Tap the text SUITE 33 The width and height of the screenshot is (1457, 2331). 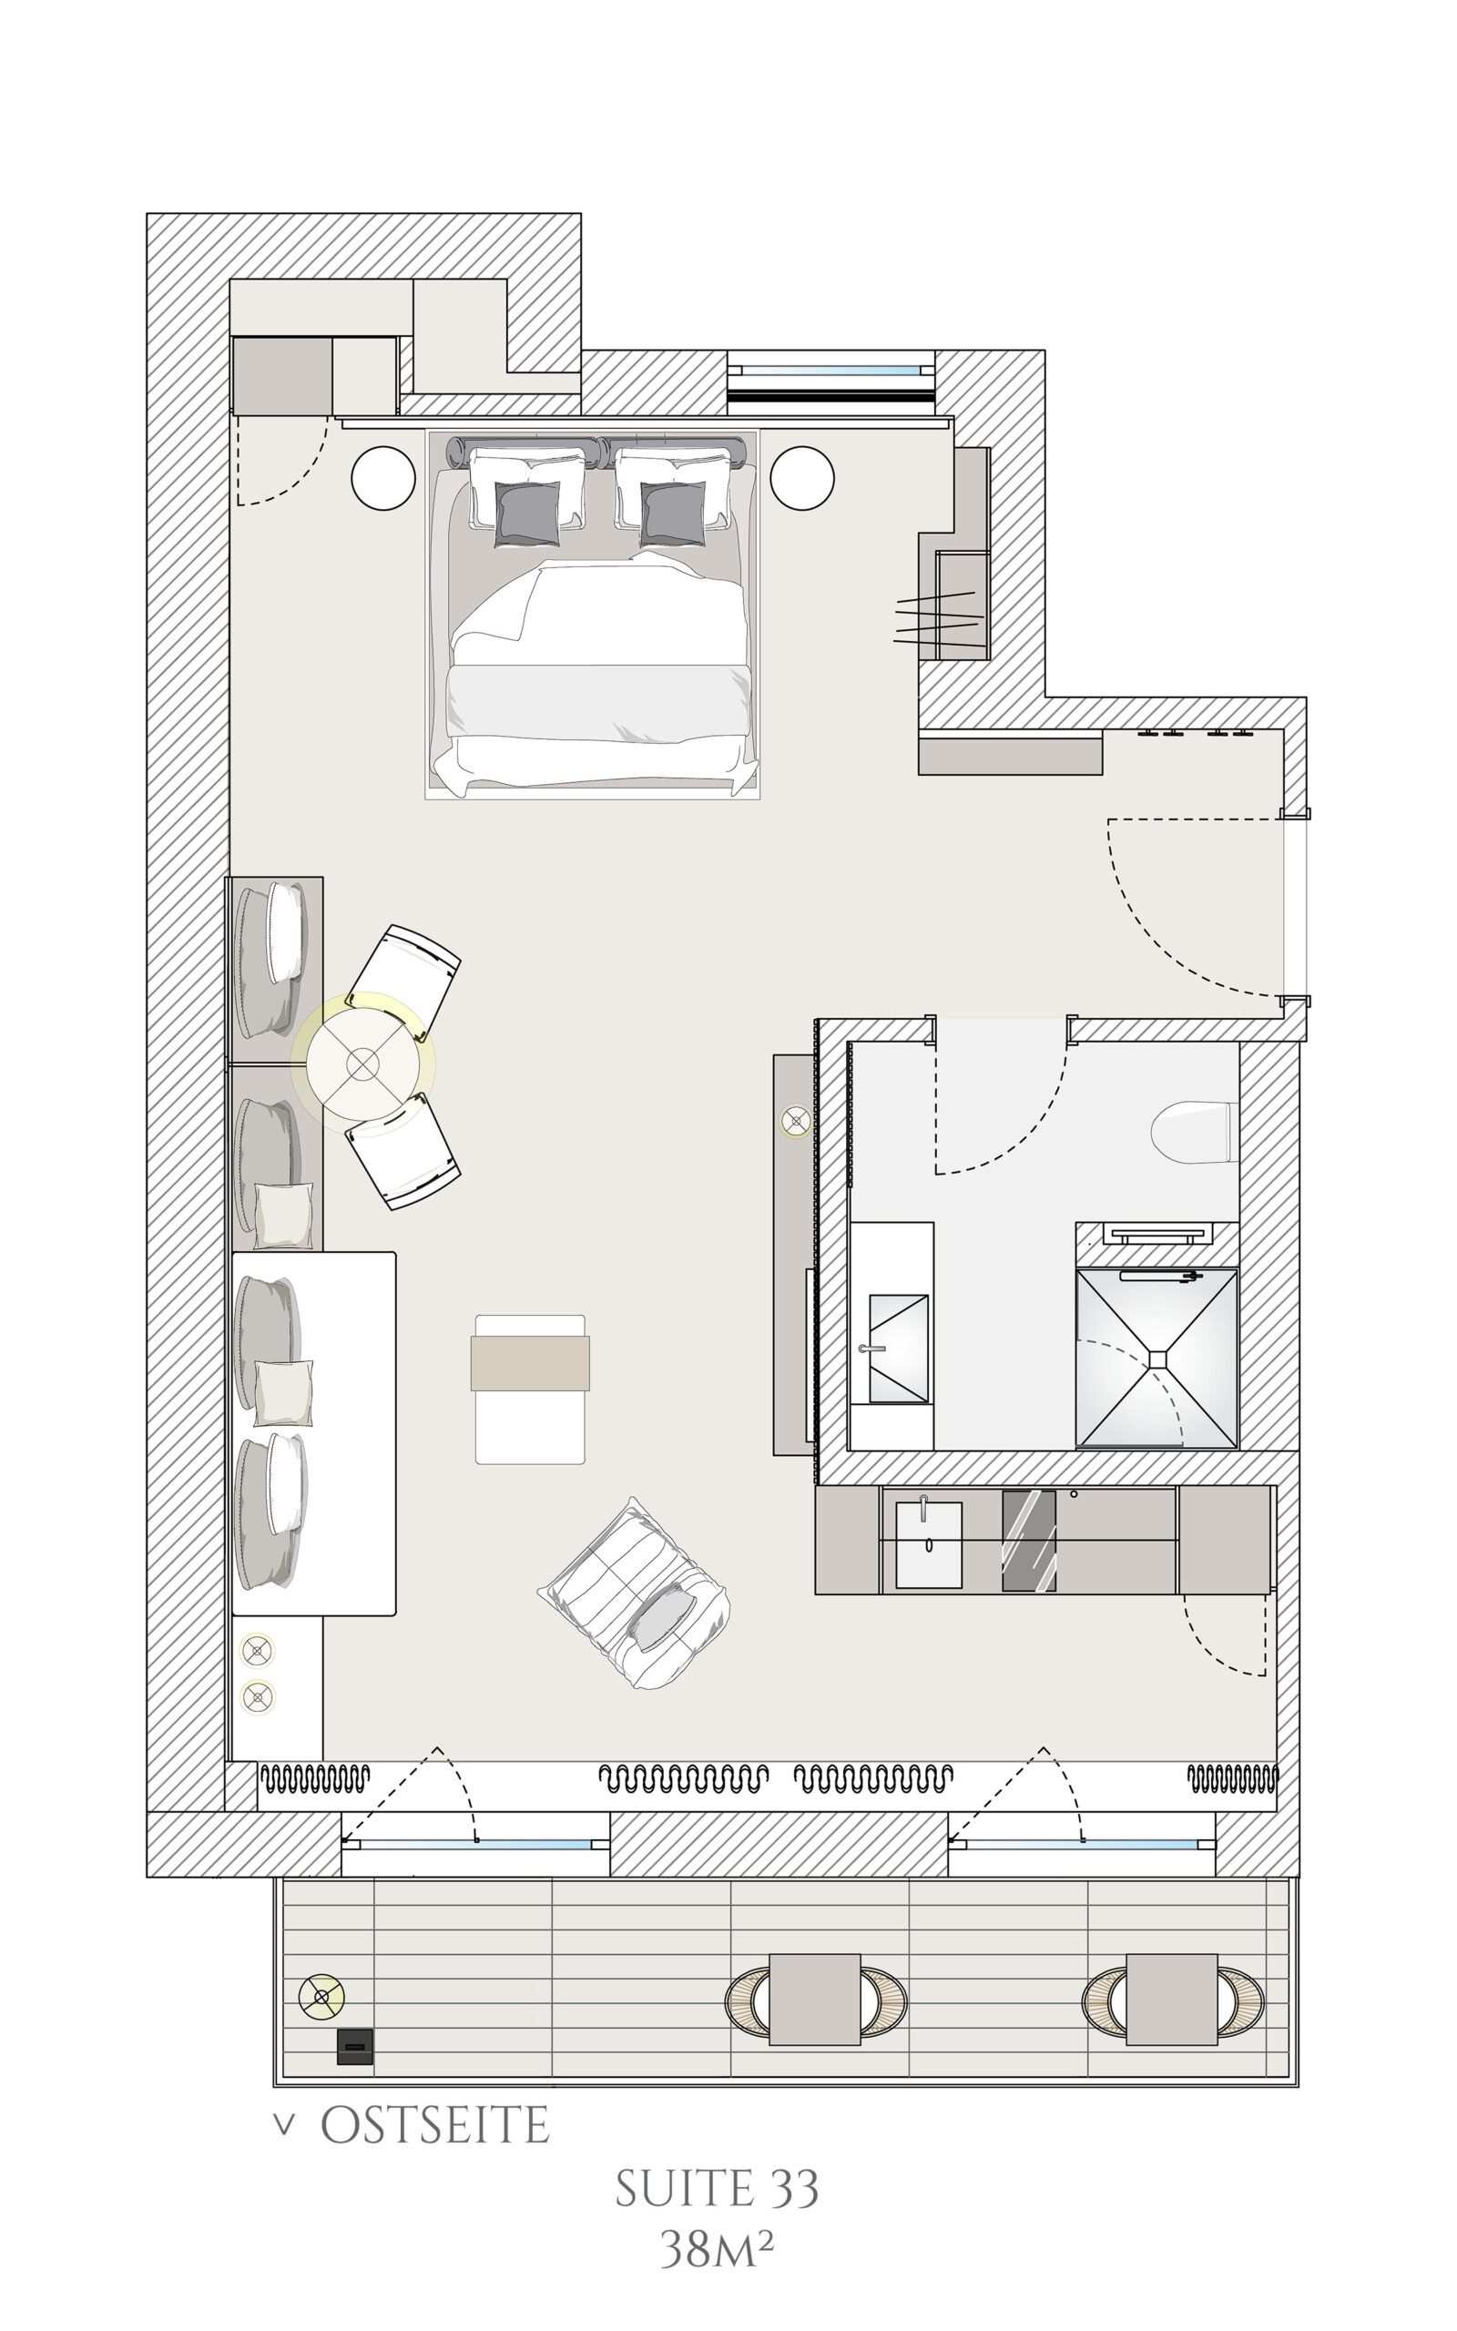(x=717, y=2189)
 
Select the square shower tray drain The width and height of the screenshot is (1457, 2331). (x=1157, y=1359)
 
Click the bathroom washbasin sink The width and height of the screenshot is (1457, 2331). (x=899, y=1349)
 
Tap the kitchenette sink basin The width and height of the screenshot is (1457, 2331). (x=929, y=1544)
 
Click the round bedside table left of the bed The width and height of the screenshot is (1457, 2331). (x=383, y=477)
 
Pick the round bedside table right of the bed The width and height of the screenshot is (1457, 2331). (x=801, y=477)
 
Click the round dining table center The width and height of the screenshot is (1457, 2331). (x=362, y=1064)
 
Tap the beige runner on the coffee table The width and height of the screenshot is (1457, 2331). (x=530, y=1363)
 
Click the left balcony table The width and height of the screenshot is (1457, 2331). (x=815, y=2000)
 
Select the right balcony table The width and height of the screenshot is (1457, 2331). (x=1172, y=2000)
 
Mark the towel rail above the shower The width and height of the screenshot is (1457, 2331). (x=1157, y=1234)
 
